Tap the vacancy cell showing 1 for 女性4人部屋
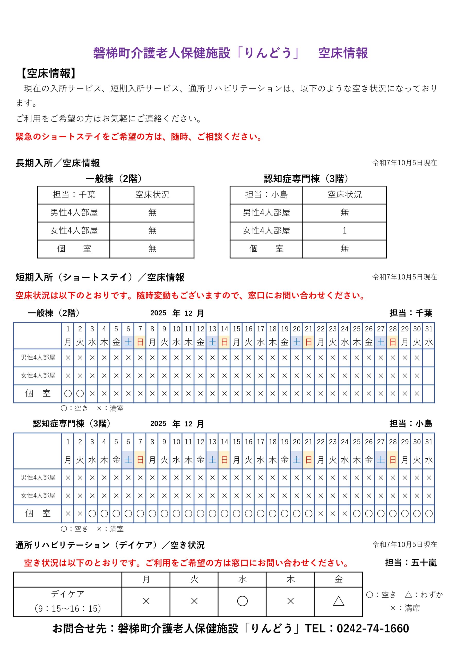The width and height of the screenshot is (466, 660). pos(344,230)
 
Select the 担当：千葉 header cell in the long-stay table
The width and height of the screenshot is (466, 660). pos(74,195)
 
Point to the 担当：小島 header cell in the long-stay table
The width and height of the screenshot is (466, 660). pos(266,195)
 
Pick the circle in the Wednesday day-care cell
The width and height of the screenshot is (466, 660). pos(242,601)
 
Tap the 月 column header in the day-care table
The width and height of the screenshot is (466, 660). pos(146,579)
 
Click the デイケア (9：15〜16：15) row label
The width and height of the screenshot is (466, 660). pos(68,601)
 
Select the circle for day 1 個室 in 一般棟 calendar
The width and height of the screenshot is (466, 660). pos(68,393)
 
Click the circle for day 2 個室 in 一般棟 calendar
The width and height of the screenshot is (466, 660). pos(80,393)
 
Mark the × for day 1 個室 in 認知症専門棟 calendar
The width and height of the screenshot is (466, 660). pos(68,514)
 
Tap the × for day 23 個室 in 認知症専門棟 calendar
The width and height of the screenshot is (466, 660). pos(332,514)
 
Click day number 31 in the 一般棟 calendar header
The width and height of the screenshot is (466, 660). pos(429,329)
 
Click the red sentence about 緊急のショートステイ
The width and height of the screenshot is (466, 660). pos(139,137)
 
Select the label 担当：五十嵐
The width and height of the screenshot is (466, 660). pos(411,563)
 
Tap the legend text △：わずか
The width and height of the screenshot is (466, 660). pos(424,595)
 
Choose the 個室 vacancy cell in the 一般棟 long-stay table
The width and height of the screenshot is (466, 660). pos(152,249)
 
